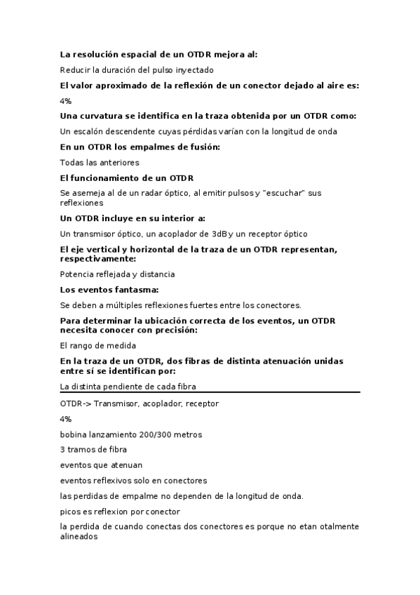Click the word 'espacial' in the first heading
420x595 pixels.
pos(138,54)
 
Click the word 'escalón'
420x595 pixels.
pos(90,131)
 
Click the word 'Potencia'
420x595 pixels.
pos(79,274)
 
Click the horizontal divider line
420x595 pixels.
pos(210,392)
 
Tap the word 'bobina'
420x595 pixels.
pos(75,434)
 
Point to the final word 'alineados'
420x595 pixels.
pos(79,537)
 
